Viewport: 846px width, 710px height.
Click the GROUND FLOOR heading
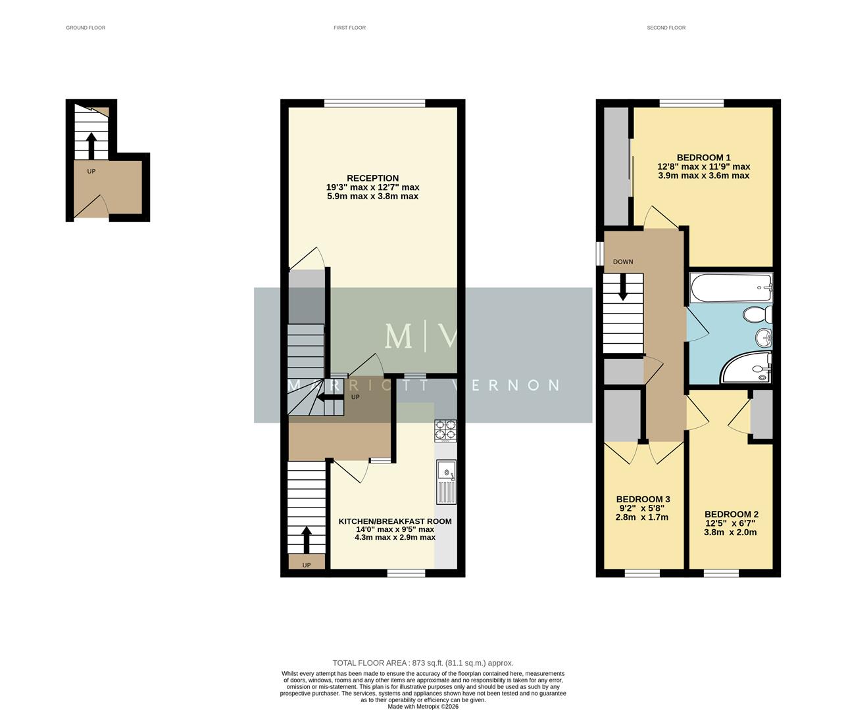[86, 28]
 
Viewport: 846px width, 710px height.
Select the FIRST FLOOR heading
[349, 28]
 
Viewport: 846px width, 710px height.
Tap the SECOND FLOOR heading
[666, 28]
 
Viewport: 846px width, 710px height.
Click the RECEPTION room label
[372, 178]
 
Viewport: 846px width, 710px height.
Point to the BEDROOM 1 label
[703, 158]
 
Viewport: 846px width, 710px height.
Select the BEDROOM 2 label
[731, 515]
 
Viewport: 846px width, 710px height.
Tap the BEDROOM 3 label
[643, 500]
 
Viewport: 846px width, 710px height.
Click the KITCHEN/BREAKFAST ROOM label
[395, 521]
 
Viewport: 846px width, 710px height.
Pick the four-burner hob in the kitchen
[445, 430]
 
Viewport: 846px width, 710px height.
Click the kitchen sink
[446, 482]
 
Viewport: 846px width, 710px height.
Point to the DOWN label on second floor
[623, 262]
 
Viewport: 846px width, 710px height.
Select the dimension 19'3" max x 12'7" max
[372, 187]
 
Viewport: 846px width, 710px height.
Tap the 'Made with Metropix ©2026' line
[423, 707]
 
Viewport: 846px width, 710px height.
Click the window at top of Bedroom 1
[691, 103]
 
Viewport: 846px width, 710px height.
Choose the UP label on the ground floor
[91, 172]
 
